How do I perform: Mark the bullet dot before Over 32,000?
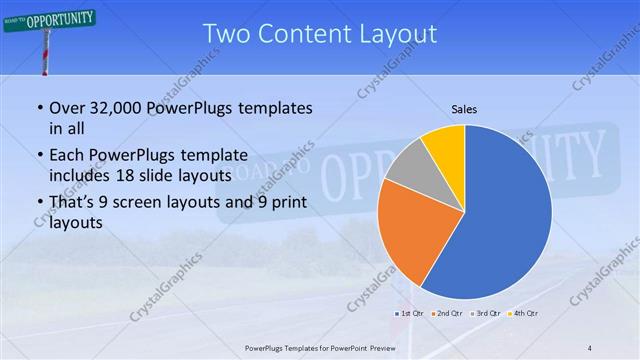[x=39, y=108]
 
